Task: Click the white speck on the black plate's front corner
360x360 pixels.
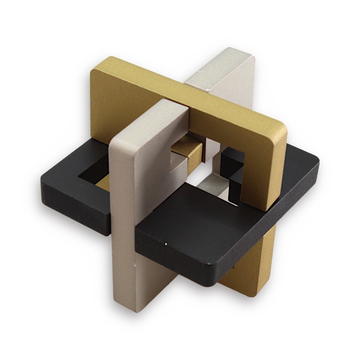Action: click(166, 244)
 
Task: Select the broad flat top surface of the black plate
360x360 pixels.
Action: click(205, 221)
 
